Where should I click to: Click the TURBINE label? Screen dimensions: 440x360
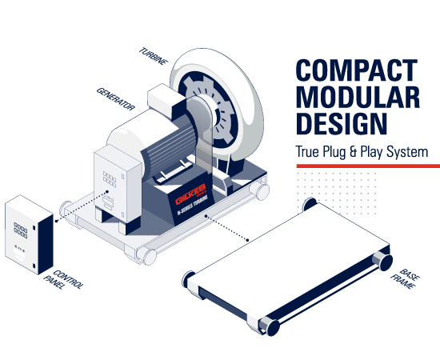point(154,56)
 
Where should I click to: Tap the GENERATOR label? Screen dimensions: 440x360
point(116,98)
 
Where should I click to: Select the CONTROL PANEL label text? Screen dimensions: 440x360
point(64,280)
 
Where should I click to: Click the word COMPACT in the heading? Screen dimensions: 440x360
point(357,70)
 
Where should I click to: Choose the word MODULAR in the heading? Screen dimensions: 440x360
point(358,97)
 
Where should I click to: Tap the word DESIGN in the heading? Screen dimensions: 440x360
point(342,124)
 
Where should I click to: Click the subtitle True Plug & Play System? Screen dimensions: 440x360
point(362,152)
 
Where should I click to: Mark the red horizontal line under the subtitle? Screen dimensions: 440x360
point(368,166)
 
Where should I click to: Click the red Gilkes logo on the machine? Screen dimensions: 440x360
point(191,194)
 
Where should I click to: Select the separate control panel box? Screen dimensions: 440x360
point(29,234)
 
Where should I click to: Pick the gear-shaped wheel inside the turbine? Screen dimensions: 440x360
point(210,110)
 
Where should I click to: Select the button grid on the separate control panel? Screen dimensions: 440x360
point(21,230)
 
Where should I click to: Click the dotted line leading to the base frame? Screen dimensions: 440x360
point(226,228)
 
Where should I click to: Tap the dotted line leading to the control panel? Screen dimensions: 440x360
point(82,206)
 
